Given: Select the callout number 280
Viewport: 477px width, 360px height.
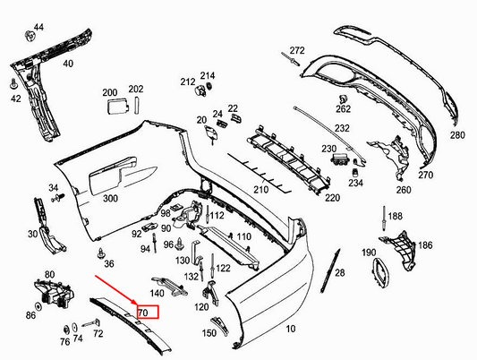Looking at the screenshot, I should (457, 135).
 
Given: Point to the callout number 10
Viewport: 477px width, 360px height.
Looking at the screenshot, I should (290, 330).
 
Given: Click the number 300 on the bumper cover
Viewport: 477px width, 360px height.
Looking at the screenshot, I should (111, 198).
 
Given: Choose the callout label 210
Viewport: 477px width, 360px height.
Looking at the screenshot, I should (260, 190).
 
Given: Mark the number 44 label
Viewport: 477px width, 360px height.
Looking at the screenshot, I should (38, 29).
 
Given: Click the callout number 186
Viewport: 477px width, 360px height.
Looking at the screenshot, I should (425, 244).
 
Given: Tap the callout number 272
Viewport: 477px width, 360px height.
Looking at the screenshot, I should (297, 50).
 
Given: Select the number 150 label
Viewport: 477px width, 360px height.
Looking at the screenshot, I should (209, 333).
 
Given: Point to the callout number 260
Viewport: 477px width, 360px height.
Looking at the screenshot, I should (403, 190).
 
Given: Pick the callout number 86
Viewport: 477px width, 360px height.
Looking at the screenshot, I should (31, 316).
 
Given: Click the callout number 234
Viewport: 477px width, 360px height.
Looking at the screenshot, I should (356, 183).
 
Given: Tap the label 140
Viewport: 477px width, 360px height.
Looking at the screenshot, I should (157, 293).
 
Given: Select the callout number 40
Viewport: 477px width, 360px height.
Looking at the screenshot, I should (68, 64).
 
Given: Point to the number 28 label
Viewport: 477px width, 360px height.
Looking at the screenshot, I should (339, 272).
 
